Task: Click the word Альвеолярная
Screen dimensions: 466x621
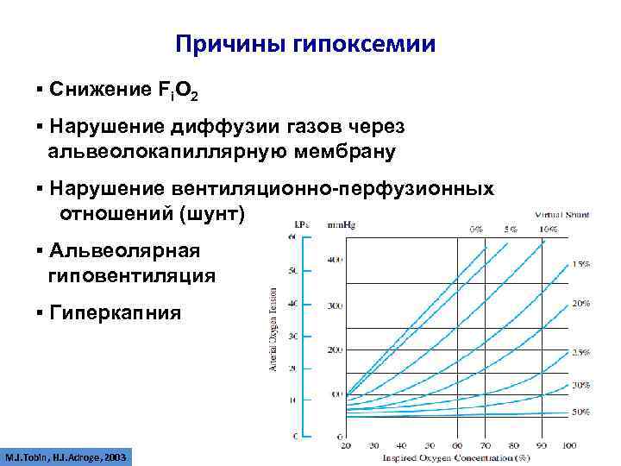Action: (125, 250)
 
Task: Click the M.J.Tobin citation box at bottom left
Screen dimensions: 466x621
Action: (66, 455)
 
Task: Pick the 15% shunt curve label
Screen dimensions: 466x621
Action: (580, 266)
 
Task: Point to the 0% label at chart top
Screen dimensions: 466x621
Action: (476, 230)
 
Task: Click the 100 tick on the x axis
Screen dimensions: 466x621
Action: (569, 445)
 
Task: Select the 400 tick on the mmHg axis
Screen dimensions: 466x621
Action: (335, 259)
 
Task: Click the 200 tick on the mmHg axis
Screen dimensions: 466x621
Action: (335, 349)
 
